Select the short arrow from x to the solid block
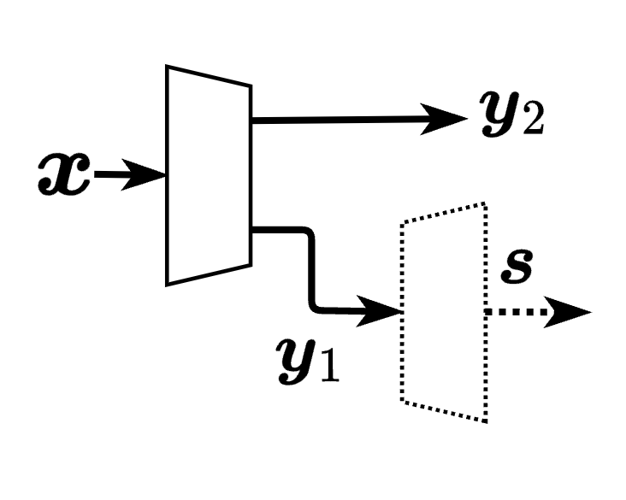(x=120, y=176)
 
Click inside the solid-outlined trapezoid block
(x=208, y=175)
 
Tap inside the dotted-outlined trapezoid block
(x=443, y=312)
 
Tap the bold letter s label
(x=516, y=268)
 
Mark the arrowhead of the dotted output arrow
(x=570, y=312)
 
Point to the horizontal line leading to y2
(x=342, y=120)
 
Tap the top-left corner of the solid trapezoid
(x=168, y=67)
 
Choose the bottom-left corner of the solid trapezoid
(x=168, y=283)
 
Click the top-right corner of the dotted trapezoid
(x=485, y=203)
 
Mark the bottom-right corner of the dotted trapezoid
(x=485, y=421)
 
